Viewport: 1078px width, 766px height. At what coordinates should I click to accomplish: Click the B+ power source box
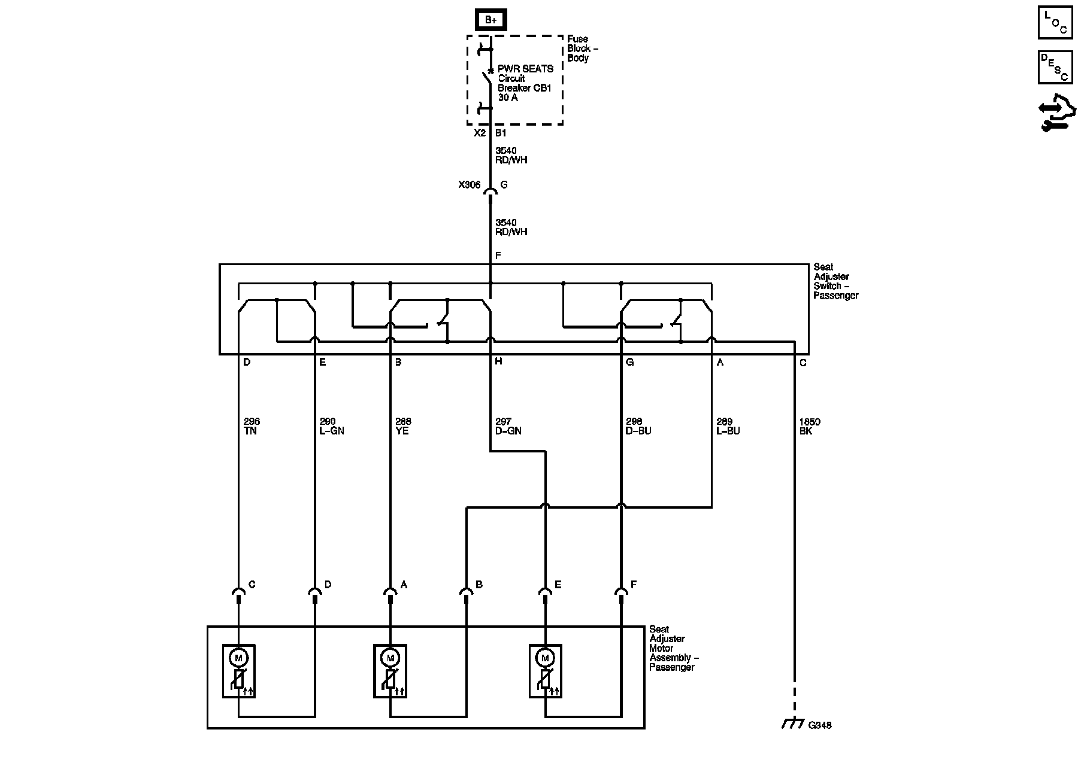(x=491, y=20)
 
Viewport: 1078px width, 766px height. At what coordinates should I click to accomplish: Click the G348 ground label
(x=820, y=725)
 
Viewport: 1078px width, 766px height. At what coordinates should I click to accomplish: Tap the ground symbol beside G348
(x=793, y=724)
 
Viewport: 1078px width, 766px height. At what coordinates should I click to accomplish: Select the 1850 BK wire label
(x=810, y=426)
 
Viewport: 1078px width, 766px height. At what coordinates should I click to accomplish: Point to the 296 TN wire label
(x=252, y=426)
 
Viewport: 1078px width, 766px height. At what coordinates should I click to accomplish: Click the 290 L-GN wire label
(x=332, y=426)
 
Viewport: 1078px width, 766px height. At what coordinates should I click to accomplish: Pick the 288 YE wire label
(x=403, y=426)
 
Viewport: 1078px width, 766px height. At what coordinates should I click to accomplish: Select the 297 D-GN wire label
(x=508, y=426)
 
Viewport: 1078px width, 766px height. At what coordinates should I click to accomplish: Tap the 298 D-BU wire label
(x=638, y=426)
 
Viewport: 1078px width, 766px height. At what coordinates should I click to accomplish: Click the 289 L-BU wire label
(x=728, y=426)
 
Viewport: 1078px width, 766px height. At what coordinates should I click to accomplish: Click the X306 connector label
(x=470, y=185)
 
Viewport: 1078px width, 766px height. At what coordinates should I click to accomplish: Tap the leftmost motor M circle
(x=239, y=658)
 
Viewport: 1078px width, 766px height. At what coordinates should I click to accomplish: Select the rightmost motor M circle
(x=545, y=658)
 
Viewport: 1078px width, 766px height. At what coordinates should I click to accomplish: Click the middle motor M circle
(x=390, y=658)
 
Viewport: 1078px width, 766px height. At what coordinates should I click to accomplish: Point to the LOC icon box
(x=1055, y=23)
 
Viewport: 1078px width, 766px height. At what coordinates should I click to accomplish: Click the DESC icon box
(x=1055, y=67)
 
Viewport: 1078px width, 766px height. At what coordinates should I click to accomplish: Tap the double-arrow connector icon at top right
(x=1056, y=114)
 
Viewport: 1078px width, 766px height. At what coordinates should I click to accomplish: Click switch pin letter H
(x=498, y=362)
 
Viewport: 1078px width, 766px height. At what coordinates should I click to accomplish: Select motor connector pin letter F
(x=634, y=585)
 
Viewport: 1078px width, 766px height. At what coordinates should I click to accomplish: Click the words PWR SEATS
(x=525, y=69)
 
